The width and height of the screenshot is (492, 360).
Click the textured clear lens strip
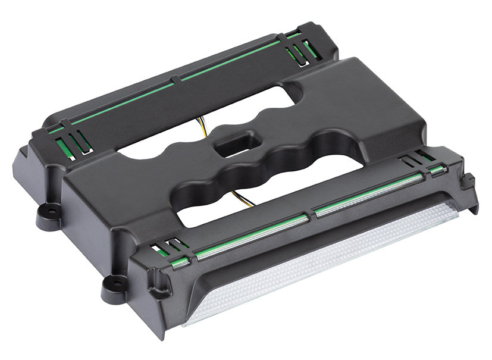[321, 262]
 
